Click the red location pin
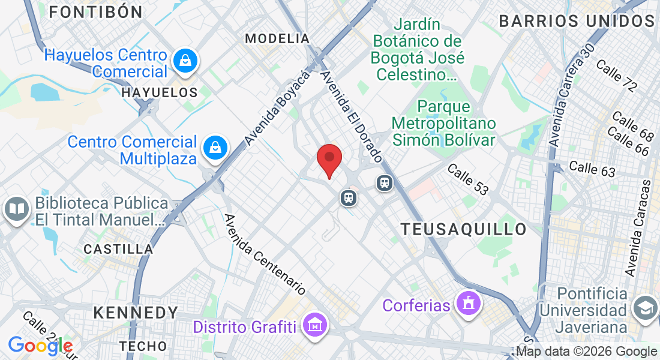pyautogui.click(x=329, y=159)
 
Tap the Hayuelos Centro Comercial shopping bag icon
pyautogui.click(x=185, y=61)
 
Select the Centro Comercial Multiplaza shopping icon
pyautogui.click(x=214, y=148)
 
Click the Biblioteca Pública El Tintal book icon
pyautogui.click(x=17, y=209)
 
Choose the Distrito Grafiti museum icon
pyautogui.click(x=314, y=326)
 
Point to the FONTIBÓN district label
pyautogui.click(x=95, y=12)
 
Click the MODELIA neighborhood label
pyautogui.click(x=277, y=39)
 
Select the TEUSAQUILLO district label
pyautogui.click(x=464, y=229)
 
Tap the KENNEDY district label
pyautogui.click(x=136, y=313)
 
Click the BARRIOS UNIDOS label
pyautogui.click(x=576, y=21)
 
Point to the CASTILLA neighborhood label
pyautogui.click(x=118, y=249)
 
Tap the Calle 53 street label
pyautogui.click(x=468, y=179)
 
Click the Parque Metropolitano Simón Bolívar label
pyautogui.click(x=443, y=124)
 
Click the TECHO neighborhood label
pyautogui.click(x=143, y=346)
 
